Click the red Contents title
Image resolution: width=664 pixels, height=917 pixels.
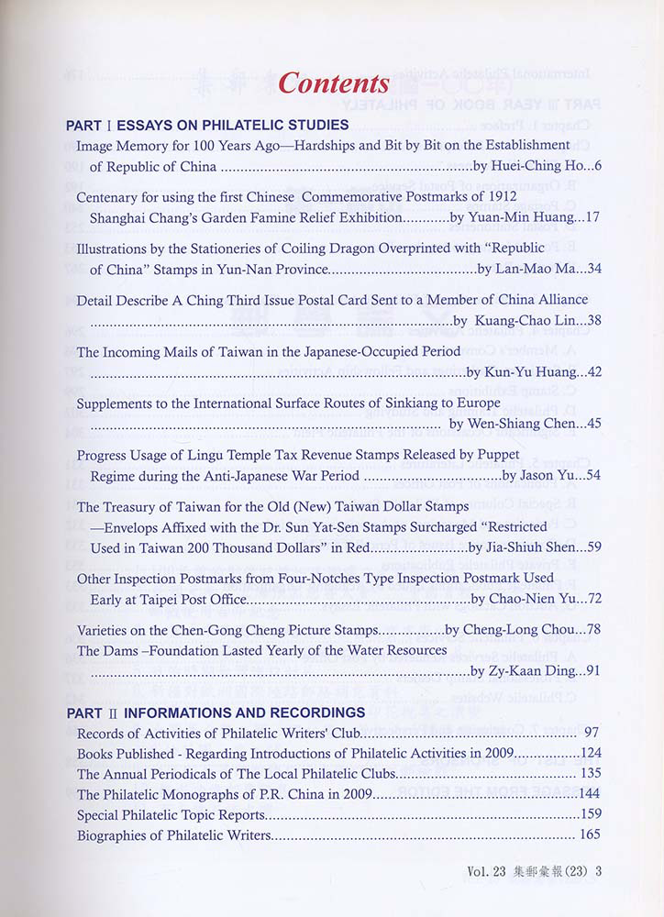(333, 83)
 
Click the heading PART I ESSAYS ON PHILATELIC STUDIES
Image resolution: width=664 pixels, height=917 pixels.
(207, 125)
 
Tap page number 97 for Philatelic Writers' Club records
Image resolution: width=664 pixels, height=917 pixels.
(591, 733)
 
